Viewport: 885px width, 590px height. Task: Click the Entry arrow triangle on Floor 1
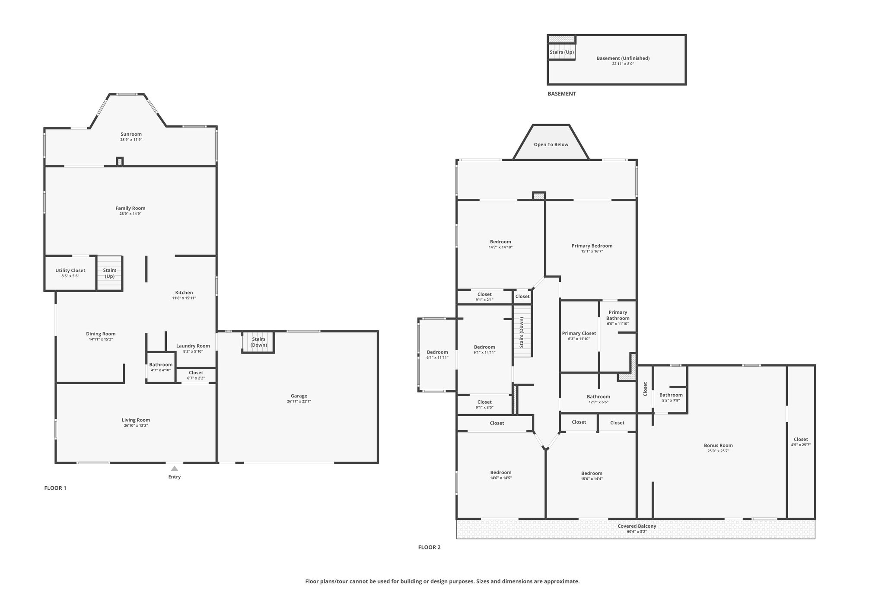[x=174, y=469]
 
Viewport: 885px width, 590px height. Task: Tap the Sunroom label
[x=131, y=134]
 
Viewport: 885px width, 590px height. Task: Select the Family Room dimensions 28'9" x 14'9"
[x=131, y=214]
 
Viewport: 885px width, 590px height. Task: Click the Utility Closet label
[x=70, y=271]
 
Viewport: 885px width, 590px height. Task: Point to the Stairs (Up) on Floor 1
[x=110, y=273]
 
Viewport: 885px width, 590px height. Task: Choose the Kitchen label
[x=184, y=293]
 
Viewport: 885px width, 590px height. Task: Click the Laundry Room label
[x=193, y=346]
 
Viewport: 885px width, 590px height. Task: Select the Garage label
[x=299, y=396]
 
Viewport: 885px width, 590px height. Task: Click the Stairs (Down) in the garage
[x=259, y=342]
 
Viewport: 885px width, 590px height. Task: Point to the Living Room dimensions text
[x=136, y=425]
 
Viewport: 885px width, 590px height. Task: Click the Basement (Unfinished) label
[x=623, y=58]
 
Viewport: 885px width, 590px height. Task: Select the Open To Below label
[x=551, y=144]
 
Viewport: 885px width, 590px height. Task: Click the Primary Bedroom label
[x=592, y=246]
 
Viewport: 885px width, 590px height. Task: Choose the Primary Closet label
[x=579, y=333]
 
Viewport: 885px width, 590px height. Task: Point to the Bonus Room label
[x=718, y=446]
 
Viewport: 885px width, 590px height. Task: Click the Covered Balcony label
[x=637, y=526]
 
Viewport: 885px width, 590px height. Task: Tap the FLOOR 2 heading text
[x=429, y=547]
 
